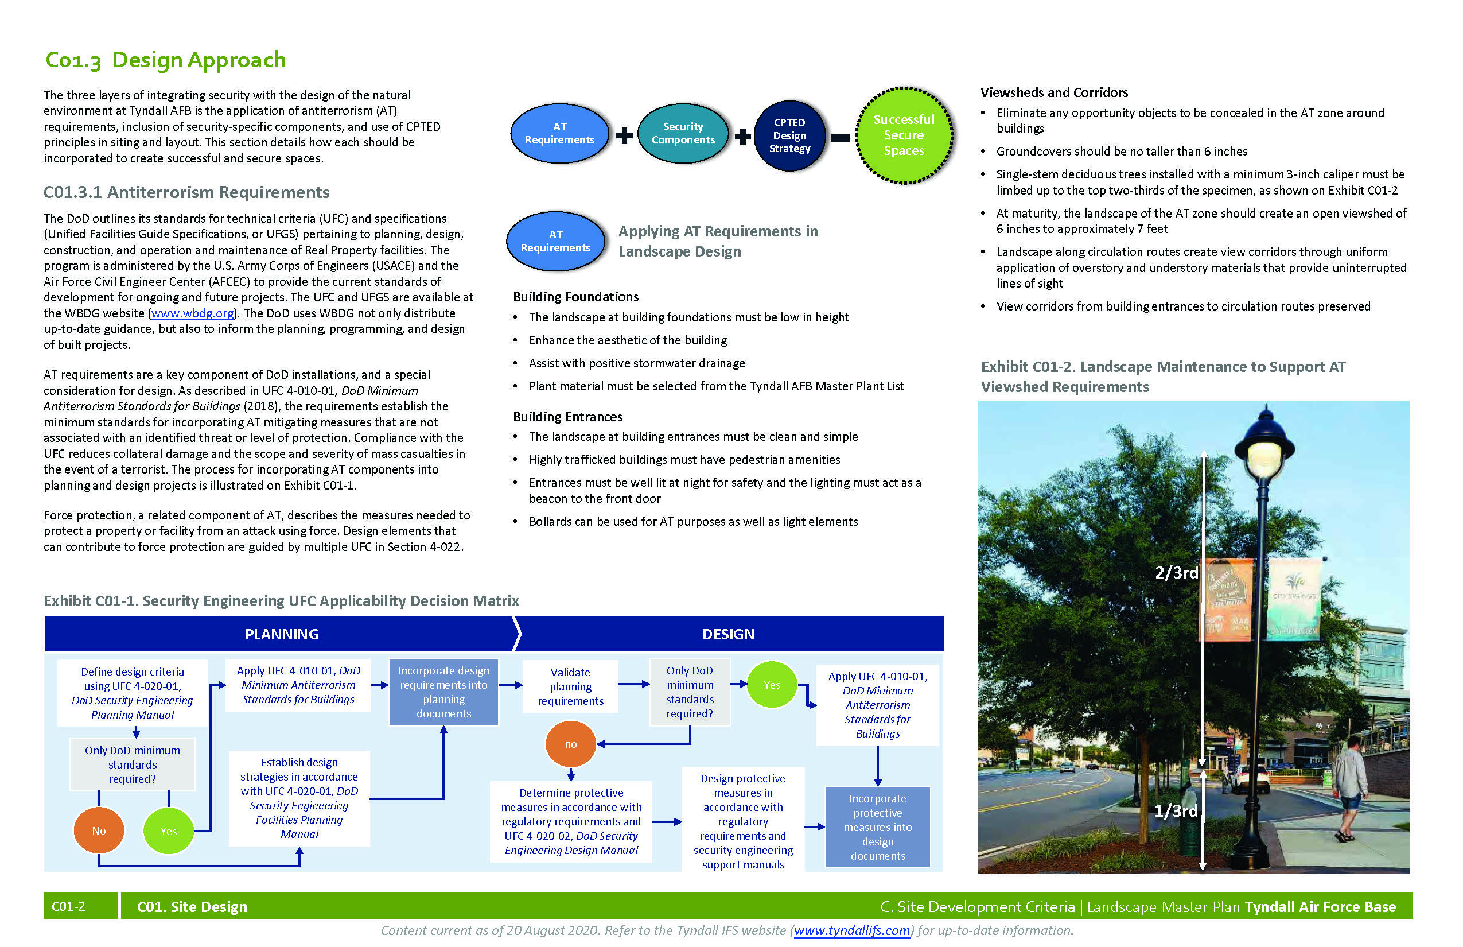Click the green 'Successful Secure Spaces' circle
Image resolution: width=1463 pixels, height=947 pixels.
pos(904,135)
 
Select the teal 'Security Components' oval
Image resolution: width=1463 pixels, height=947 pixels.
pos(683,133)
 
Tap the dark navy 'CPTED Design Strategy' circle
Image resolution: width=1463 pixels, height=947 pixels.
pos(790,136)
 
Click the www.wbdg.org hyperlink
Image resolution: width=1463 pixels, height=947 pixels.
pos(192,313)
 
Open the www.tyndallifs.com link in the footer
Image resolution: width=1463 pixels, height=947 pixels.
pos(851,930)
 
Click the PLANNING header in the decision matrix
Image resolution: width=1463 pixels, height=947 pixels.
pos(282,634)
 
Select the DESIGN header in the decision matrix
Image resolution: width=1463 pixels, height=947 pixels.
pos(728,634)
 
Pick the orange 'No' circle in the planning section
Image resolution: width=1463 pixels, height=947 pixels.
pos(99,831)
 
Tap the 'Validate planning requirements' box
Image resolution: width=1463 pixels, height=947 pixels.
pos(570,686)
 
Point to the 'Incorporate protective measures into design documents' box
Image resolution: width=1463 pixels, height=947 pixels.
pos(877,827)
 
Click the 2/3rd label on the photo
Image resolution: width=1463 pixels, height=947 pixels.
pos(1176,573)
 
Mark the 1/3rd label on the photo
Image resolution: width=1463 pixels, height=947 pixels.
pos(1176,810)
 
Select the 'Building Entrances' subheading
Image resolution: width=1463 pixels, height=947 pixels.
pos(567,417)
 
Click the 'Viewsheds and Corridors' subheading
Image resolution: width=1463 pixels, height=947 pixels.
pos(1053,93)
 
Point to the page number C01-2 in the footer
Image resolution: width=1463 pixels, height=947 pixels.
pos(68,906)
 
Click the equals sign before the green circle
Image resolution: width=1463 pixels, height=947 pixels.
pos(841,138)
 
